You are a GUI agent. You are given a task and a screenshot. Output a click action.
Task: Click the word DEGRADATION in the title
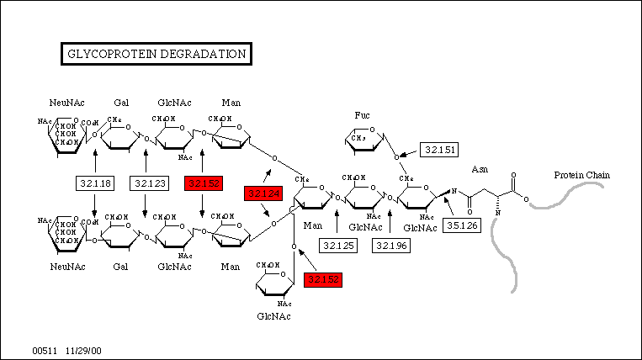tap(204, 54)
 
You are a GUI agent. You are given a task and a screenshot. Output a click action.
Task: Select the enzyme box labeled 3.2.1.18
tap(94, 183)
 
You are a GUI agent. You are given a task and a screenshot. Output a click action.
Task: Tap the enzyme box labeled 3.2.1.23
tap(147, 183)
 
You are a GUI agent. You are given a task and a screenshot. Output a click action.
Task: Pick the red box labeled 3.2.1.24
tap(261, 194)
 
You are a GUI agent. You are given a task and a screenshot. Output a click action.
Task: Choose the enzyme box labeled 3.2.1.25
tap(337, 245)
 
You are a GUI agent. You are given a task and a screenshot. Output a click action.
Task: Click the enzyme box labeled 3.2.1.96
tap(391, 245)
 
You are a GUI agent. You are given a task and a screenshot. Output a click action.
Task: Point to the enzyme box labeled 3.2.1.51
tap(439, 150)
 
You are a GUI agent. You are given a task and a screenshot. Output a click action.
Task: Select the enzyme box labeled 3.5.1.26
tap(462, 225)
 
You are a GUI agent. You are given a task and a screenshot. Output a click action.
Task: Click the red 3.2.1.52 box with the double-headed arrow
tap(202, 183)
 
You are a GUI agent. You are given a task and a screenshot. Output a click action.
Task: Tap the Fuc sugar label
tap(362, 114)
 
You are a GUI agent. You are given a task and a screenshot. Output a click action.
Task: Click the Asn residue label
tap(480, 169)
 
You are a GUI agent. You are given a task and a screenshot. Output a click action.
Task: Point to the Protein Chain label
tap(581, 175)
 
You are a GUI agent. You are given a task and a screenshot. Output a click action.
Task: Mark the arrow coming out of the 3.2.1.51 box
tap(411, 154)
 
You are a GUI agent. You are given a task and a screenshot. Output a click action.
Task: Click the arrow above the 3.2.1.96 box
tap(390, 223)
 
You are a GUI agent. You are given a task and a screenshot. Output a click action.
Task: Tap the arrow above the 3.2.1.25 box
tap(337, 223)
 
